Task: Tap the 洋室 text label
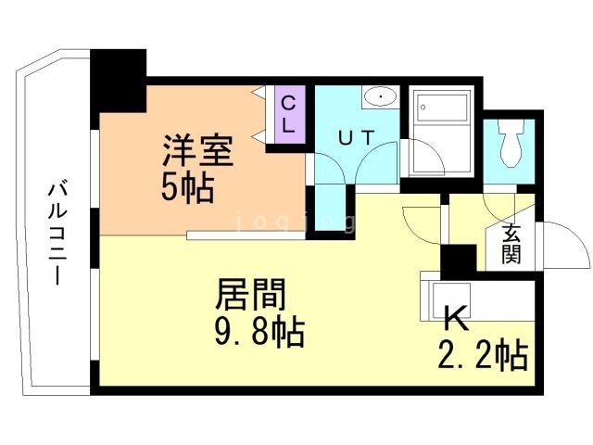coord(197,151)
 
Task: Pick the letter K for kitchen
coord(455,318)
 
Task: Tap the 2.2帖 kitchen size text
coord(482,354)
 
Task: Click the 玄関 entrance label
coord(511,244)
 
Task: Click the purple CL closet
coord(288,114)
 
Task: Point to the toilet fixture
coord(510,143)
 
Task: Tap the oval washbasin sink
coord(379,96)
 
